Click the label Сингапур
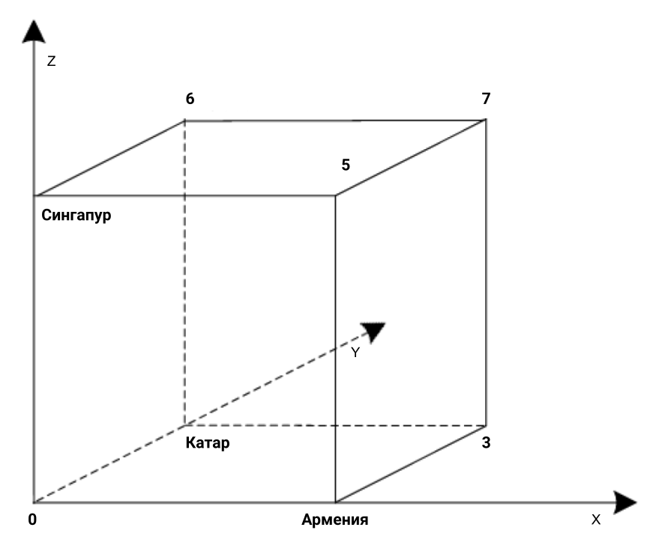point(73,215)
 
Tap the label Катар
point(206,442)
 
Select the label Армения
point(334,520)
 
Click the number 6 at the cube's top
point(190,99)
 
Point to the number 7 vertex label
point(487,99)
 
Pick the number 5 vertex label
point(345,164)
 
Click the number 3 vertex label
point(487,442)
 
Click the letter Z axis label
point(51,62)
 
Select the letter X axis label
point(596,520)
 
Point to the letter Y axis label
point(357,353)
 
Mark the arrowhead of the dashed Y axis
point(373,330)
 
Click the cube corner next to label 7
point(486,120)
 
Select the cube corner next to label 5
point(334,196)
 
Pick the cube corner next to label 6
point(185,120)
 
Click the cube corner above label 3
point(486,425)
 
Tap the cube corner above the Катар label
point(185,425)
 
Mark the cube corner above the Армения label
point(334,502)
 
